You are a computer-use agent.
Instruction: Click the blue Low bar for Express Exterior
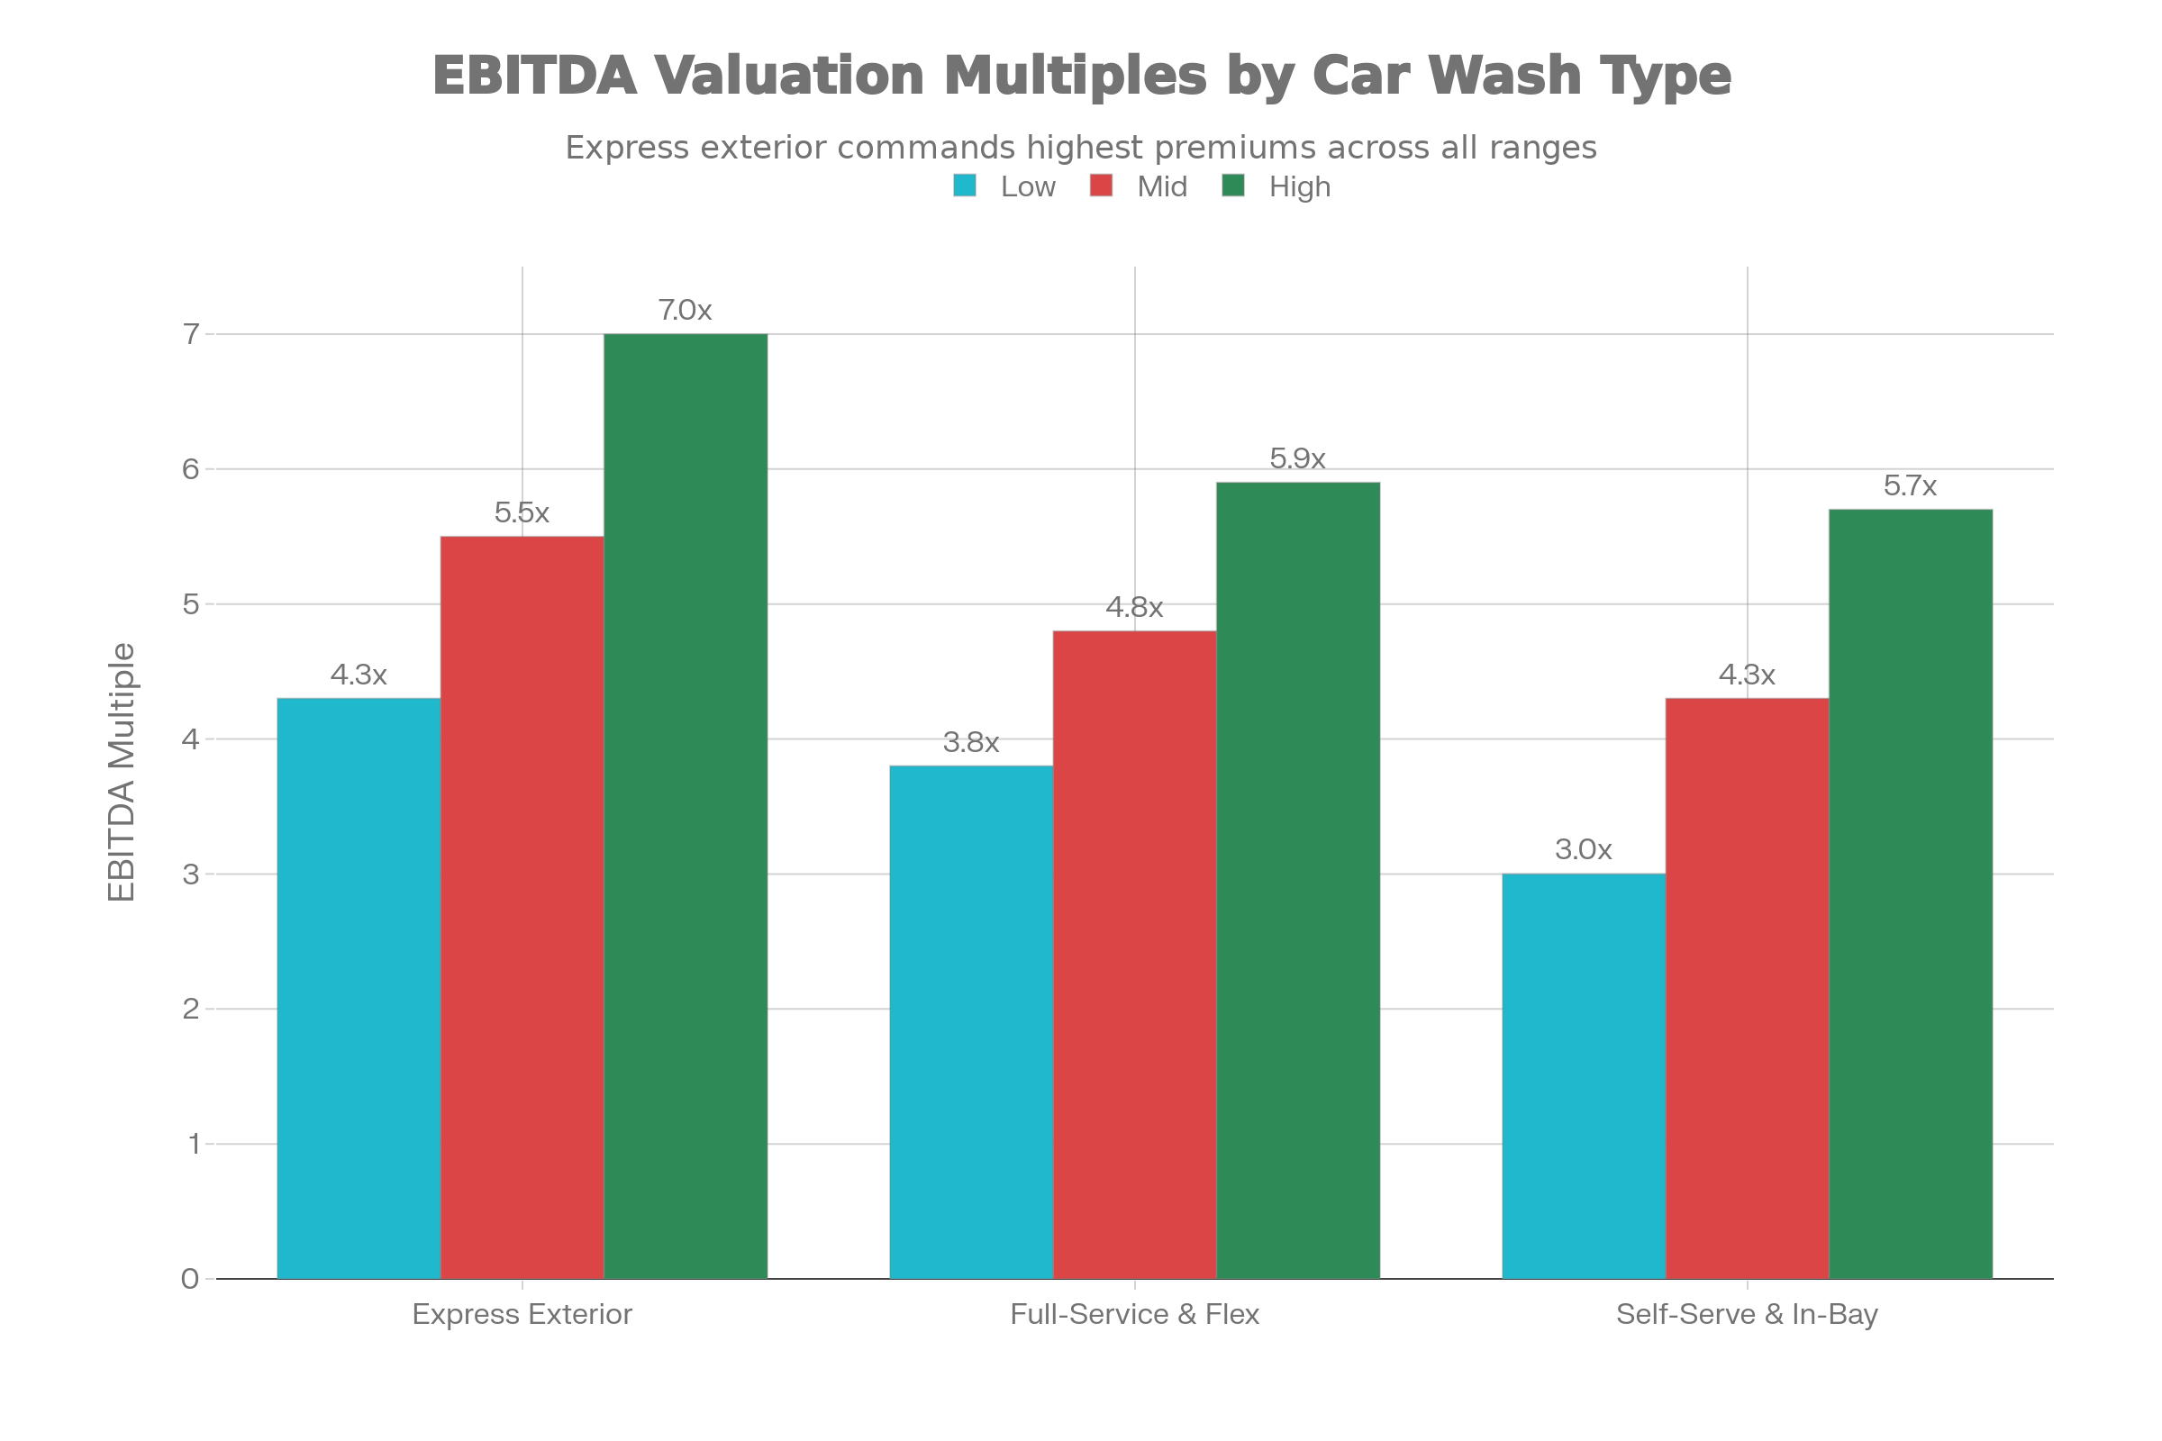point(359,988)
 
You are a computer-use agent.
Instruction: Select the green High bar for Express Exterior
point(685,806)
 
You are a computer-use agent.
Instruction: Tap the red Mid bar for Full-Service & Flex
point(1134,954)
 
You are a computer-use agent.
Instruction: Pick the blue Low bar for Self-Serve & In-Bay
point(1583,1076)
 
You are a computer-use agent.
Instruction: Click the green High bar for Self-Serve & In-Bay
point(1910,893)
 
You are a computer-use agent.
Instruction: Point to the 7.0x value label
point(685,311)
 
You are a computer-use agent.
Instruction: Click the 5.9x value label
point(1297,458)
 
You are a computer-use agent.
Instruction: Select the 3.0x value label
point(1583,850)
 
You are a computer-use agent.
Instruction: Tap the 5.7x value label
point(1909,486)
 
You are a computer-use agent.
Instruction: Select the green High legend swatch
point(1232,186)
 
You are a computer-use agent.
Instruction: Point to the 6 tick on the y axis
point(190,469)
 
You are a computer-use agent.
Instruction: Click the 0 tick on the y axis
point(190,1279)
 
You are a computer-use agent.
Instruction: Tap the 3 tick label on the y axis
point(190,875)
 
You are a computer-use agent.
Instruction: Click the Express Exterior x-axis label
point(522,1314)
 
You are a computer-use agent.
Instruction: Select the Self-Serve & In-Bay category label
point(1747,1314)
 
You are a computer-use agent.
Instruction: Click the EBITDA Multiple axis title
point(122,772)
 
